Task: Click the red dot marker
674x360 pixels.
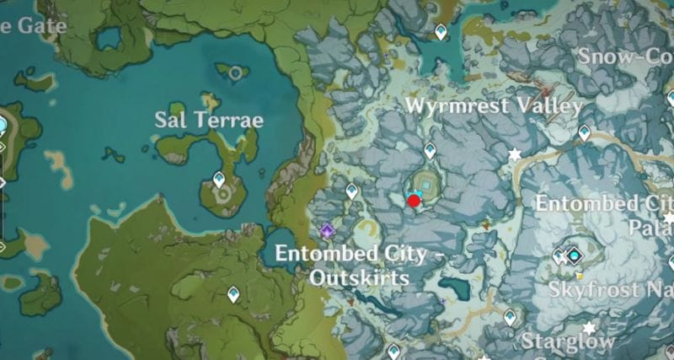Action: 414,201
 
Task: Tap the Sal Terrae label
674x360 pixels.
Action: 209,120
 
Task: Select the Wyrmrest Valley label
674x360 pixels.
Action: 494,106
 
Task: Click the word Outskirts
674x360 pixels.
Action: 359,277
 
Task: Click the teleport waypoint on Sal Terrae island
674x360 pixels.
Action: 220,180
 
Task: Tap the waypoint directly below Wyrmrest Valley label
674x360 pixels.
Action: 430,150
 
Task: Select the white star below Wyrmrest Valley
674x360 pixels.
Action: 515,154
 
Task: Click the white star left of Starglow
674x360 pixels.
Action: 589,328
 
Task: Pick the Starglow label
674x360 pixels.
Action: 568,341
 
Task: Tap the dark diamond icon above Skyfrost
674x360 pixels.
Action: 575,253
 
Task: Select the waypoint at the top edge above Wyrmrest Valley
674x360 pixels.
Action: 441,32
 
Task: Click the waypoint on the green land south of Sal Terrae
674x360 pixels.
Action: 233,293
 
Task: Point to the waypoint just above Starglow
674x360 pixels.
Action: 510,317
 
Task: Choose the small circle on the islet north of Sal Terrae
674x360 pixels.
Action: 235,73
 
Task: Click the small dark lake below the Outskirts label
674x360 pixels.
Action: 454,289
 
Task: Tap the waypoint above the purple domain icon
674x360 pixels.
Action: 351,191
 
